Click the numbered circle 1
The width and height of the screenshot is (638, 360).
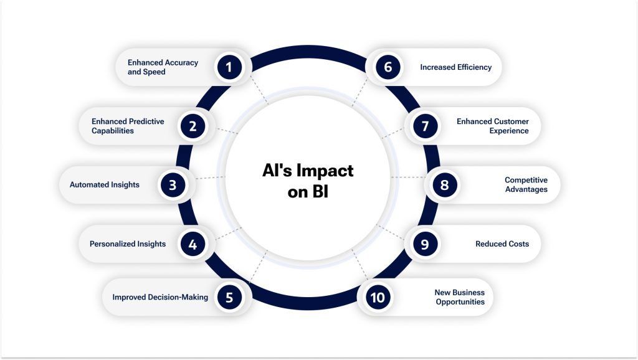click(229, 67)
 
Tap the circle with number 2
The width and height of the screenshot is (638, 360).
click(193, 126)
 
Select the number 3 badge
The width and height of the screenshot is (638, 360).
click(173, 185)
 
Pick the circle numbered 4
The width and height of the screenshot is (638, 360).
click(193, 244)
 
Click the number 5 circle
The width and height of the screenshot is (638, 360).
click(229, 297)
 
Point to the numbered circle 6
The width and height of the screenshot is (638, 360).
click(388, 67)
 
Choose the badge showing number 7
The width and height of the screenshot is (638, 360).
click(425, 126)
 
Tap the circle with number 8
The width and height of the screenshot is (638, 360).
click(444, 185)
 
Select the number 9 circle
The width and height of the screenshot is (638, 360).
click(425, 244)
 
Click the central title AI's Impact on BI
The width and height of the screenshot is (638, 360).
click(308, 181)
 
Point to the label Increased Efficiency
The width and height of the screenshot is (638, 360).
click(455, 67)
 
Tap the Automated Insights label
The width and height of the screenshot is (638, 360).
click(105, 185)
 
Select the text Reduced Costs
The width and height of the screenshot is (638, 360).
click(502, 244)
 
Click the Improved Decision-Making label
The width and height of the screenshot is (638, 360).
click(160, 297)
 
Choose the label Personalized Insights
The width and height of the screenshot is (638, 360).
click(128, 244)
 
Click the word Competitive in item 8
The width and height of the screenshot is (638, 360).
click(526, 181)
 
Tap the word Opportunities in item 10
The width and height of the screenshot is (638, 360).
click(460, 302)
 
